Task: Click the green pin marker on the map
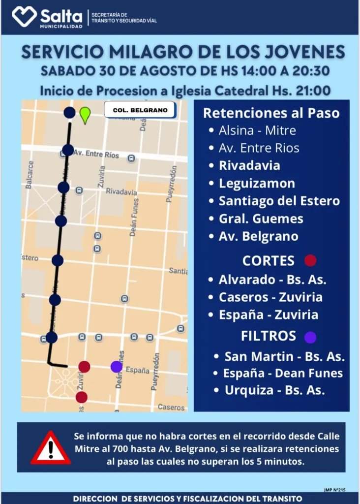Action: (x=85, y=114)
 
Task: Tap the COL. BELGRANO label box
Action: (x=140, y=110)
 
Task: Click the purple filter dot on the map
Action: (x=117, y=367)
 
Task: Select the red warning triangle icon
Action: (x=51, y=448)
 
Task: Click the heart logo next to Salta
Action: (x=24, y=16)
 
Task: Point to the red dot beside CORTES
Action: (x=310, y=260)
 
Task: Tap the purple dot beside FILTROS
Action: (x=310, y=337)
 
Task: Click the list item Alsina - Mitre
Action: (x=257, y=130)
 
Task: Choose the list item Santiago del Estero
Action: (x=279, y=201)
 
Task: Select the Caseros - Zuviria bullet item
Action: (x=270, y=297)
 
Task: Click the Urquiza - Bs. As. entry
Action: (x=274, y=390)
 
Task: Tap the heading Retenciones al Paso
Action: (x=271, y=113)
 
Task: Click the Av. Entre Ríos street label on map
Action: (x=96, y=154)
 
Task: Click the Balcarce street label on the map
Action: (x=30, y=175)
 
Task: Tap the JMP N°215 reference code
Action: (x=335, y=490)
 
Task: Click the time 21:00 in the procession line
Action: (x=313, y=91)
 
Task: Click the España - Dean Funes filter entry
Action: (x=283, y=373)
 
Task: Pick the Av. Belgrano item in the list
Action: (x=258, y=236)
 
